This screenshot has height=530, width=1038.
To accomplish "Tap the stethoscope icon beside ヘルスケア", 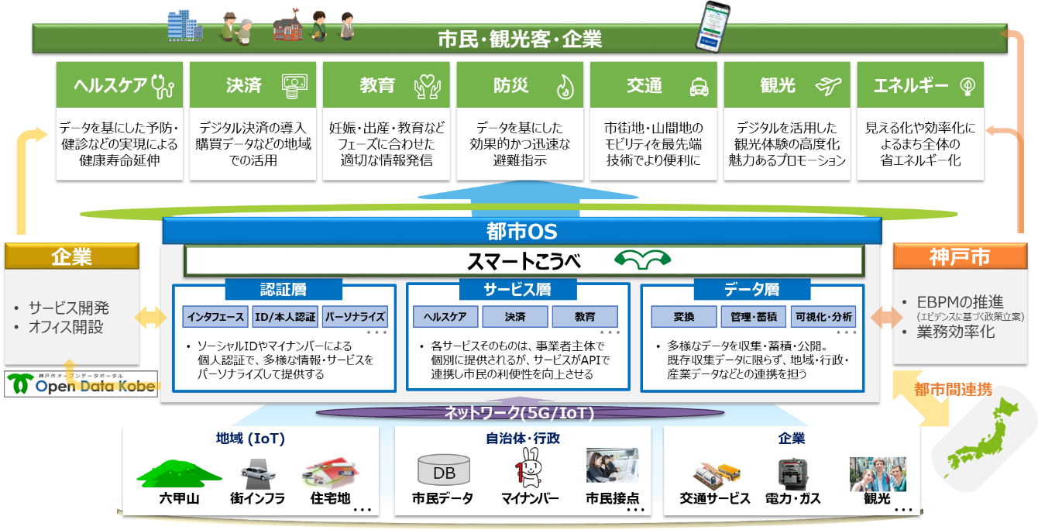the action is point(163,86).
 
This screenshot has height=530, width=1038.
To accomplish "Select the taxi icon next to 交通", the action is point(699,87).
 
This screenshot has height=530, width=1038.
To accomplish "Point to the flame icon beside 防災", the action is point(565,87).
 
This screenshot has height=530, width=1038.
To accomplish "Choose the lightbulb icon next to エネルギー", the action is point(966,86).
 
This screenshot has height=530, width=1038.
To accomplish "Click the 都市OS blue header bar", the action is point(521,231).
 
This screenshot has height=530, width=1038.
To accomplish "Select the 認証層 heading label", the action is point(284,290).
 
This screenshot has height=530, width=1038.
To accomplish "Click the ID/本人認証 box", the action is point(285,316).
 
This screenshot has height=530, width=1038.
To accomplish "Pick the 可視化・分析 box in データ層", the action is point(823,316).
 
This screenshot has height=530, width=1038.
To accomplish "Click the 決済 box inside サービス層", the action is point(515,316).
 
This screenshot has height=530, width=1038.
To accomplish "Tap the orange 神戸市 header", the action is point(962,256).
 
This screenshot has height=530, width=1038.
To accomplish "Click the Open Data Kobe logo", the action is point(81,384).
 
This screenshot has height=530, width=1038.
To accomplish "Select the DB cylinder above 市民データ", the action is point(444,471).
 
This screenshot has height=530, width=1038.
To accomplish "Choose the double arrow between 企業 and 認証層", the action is point(152,317).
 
